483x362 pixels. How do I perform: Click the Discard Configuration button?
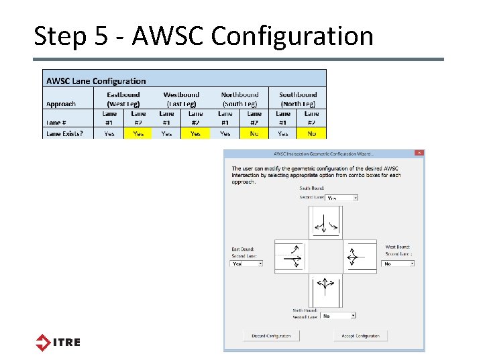point(271,336)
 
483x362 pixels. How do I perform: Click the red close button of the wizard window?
point(419,154)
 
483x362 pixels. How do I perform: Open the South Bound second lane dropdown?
point(341,198)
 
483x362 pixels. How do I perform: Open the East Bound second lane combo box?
point(247,263)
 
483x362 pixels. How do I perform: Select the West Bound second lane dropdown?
point(398,263)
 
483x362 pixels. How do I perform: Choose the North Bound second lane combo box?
point(338,315)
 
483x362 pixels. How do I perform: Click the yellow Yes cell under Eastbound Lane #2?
point(138,133)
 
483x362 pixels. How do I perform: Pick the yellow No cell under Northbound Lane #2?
point(254,133)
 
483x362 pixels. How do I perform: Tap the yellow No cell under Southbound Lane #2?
point(312,133)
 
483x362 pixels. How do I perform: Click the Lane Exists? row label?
point(64,133)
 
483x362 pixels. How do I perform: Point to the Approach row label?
point(61,104)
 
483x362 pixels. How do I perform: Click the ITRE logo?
point(58,342)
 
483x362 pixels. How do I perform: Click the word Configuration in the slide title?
point(292,36)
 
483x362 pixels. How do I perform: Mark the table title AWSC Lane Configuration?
point(95,80)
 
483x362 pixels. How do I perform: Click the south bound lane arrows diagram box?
point(325,223)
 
